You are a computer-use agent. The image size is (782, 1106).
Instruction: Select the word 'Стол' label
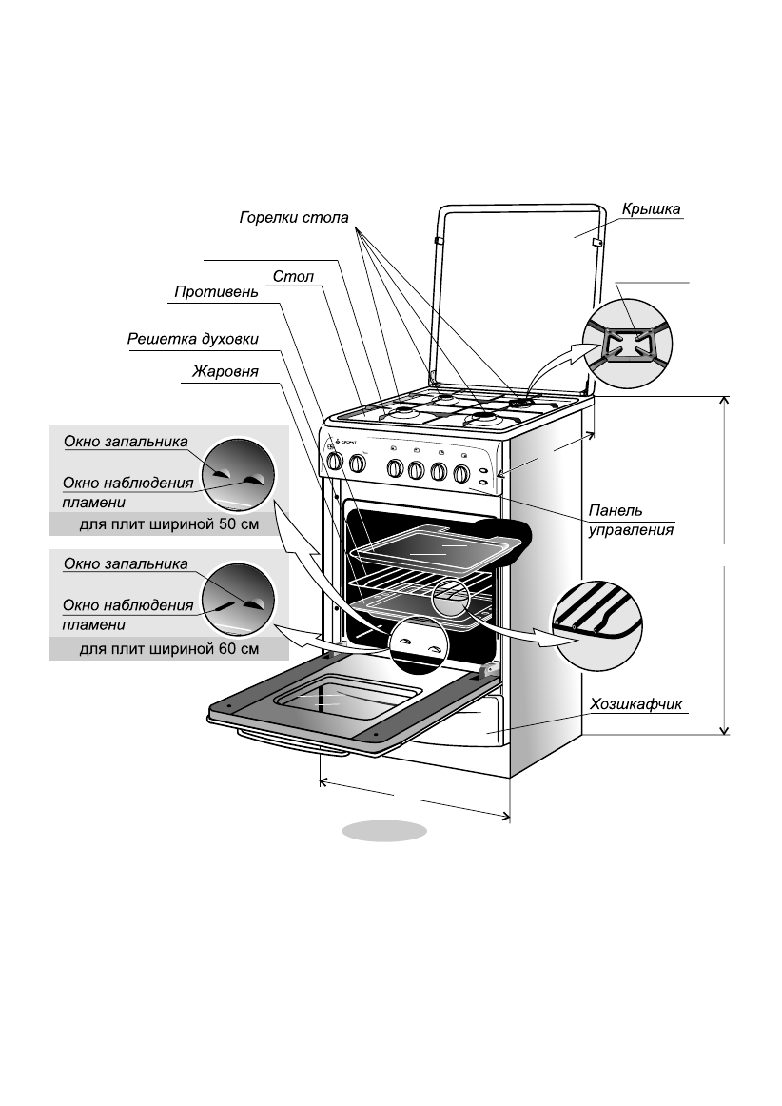(293, 277)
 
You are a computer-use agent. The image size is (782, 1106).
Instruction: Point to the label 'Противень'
(216, 292)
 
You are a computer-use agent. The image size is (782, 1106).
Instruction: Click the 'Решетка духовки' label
(193, 339)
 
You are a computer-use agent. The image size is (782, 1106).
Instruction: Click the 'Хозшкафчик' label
(636, 704)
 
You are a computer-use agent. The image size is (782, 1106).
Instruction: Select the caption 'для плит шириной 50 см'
(167, 523)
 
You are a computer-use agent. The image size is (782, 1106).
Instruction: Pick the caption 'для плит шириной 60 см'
(167, 649)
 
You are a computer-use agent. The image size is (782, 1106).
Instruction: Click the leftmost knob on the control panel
(334, 463)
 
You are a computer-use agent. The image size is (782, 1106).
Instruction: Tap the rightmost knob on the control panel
(461, 472)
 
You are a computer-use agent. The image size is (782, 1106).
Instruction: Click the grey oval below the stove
(384, 830)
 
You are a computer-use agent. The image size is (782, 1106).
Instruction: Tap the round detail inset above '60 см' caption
(237, 598)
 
